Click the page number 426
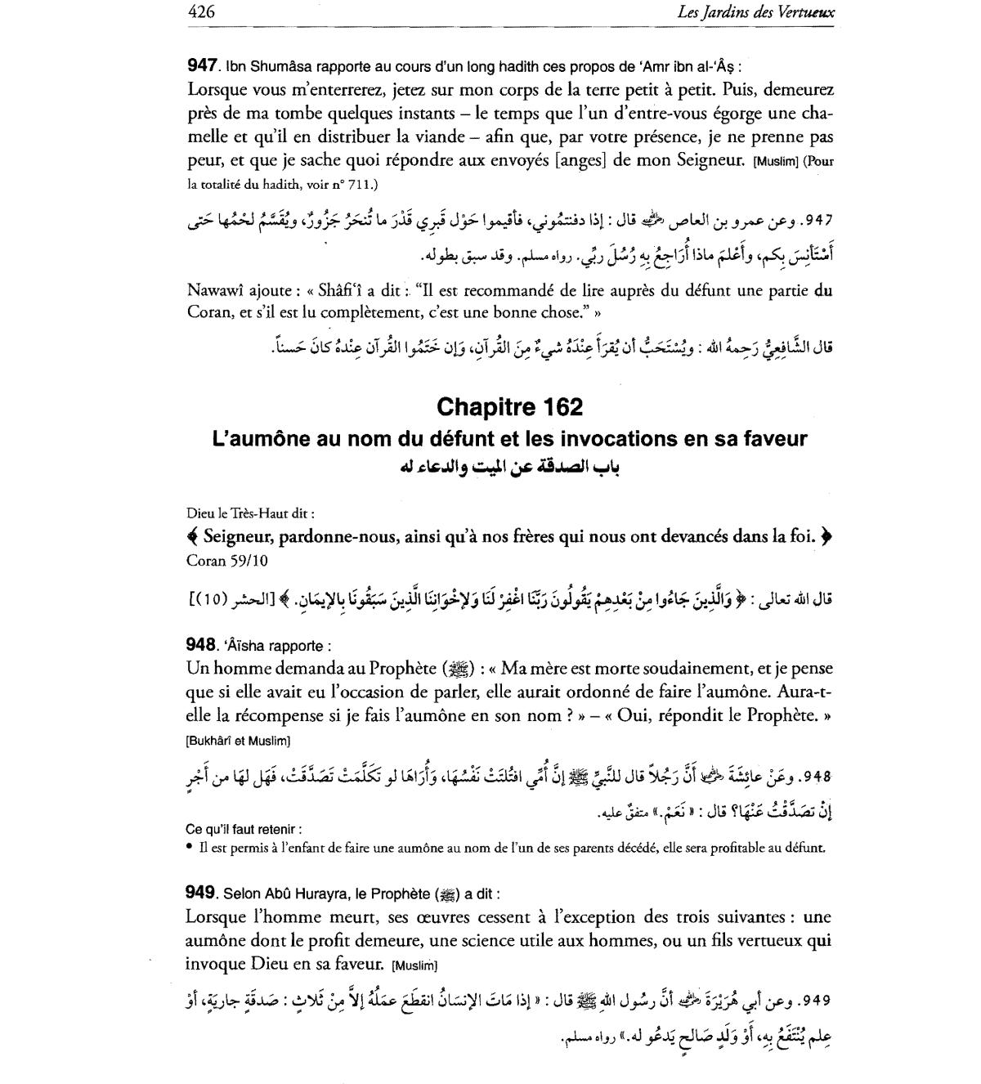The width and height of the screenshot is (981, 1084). (200, 12)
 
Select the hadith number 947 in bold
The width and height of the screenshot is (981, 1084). (204, 65)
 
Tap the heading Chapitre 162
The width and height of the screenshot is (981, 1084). (510, 406)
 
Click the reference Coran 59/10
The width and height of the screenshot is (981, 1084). (227, 561)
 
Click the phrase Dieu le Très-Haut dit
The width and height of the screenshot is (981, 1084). (250, 513)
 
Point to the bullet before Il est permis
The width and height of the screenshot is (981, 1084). (190, 848)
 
